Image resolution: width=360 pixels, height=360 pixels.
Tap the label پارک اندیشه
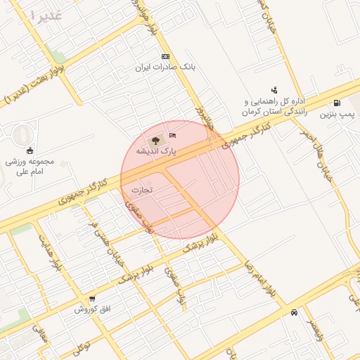(x=155, y=151)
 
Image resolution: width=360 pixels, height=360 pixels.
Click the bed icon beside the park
(x=173, y=134)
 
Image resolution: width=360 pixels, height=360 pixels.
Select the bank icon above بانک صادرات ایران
(x=165, y=56)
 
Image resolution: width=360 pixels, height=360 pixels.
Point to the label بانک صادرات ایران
(x=165, y=67)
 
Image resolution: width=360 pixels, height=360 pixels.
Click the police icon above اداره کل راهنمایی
(x=274, y=89)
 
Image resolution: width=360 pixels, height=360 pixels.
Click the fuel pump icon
(x=338, y=102)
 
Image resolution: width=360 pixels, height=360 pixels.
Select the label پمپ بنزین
(x=337, y=112)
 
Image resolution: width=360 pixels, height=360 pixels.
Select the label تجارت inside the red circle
(x=142, y=190)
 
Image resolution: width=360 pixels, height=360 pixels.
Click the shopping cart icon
(x=82, y=300)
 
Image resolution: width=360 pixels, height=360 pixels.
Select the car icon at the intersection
(x=293, y=313)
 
